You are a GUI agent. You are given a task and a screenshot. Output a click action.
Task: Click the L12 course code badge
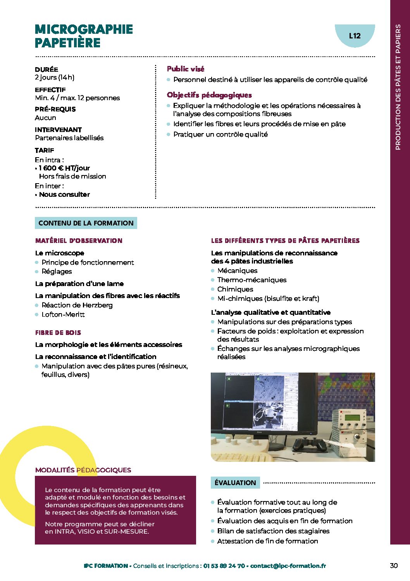(x=355, y=36)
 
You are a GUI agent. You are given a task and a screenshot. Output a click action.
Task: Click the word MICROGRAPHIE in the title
(x=84, y=29)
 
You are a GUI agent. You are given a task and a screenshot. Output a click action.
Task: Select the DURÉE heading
(x=47, y=69)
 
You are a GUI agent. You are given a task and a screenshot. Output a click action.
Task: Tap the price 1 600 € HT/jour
(x=64, y=168)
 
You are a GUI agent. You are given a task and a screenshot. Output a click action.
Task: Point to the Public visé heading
(x=185, y=69)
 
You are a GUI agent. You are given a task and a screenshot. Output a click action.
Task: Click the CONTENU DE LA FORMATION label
(x=86, y=223)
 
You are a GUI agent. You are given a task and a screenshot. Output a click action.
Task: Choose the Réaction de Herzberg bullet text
(x=77, y=305)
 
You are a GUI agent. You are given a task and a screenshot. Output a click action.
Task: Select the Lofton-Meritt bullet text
(x=63, y=314)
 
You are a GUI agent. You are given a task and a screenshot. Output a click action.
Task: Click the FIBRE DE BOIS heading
(x=58, y=333)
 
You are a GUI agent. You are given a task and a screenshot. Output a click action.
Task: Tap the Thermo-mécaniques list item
(x=252, y=280)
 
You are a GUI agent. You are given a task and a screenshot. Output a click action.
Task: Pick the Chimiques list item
(x=235, y=289)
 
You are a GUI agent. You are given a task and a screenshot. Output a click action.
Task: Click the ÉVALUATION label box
(x=235, y=483)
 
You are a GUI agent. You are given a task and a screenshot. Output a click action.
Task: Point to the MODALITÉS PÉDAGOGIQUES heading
(x=83, y=470)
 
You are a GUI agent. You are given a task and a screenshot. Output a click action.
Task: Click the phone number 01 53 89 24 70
(x=224, y=566)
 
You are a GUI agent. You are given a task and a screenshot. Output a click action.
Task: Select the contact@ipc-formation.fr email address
(x=288, y=566)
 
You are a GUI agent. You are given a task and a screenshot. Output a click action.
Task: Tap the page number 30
(x=394, y=565)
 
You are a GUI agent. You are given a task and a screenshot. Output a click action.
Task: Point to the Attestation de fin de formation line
(x=267, y=541)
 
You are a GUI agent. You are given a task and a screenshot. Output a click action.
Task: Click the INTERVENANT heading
(x=58, y=130)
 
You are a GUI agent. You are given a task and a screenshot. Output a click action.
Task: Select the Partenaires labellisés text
(x=69, y=138)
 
